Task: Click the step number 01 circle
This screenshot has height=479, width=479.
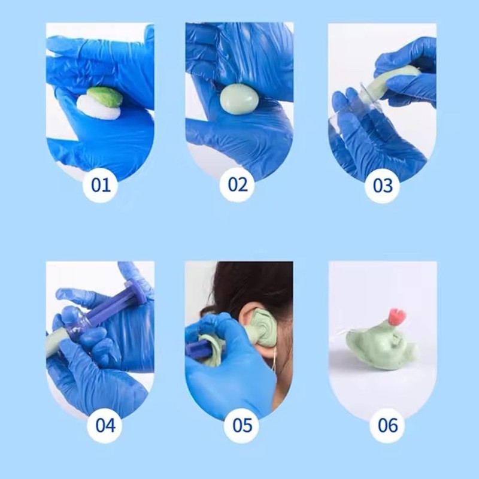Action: [101, 184]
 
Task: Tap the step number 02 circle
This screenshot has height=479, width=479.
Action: [238, 184]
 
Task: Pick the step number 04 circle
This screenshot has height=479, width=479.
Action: [105, 425]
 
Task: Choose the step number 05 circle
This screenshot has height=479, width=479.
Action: [242, 425]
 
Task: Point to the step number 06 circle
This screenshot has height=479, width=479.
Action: [387, 425]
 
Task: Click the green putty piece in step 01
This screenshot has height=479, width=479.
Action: [105, 96]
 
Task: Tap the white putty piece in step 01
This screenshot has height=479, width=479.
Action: [98, 108]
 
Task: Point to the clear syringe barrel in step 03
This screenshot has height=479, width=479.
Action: [360, 105]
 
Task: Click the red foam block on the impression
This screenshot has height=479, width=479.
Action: [396, 316]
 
